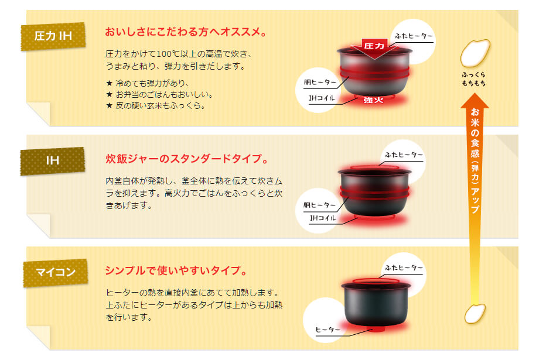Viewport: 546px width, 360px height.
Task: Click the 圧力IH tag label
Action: click(x=53, y=36)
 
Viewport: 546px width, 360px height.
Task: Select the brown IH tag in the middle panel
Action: click(x=53, y=159)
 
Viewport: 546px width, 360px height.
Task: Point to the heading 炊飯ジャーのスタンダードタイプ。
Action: click(x=187, y=159)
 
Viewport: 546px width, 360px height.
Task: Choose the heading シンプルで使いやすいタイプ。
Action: click(x=175, y=270)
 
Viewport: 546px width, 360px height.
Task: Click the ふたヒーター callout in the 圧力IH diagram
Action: click(x=414, y=36)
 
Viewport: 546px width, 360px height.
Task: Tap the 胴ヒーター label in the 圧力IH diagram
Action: click(x=320, y=82)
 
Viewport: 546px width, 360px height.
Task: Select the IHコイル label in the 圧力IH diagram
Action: click(x=322, y=98)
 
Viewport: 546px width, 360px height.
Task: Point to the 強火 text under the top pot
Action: click(x=373, y=100)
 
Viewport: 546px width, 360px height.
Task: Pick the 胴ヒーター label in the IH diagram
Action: click(x=320, y=205)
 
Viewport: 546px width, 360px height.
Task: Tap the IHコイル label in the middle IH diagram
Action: click(x=323, y=218)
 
